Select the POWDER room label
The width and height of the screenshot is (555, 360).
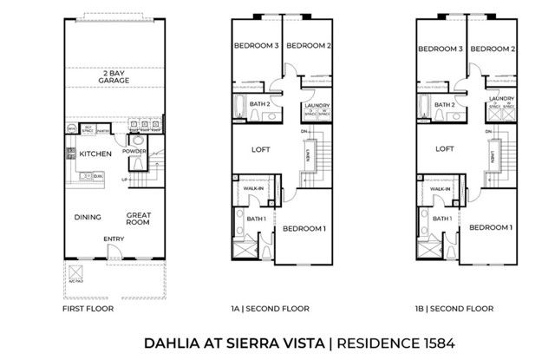134,150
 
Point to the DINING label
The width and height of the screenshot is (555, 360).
88,217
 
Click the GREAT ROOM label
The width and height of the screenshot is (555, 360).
138,219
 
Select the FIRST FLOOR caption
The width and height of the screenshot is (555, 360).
85,309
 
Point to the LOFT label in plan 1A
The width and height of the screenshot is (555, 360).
259,148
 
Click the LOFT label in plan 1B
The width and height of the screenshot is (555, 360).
444,148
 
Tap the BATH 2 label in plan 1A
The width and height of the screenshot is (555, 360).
260,104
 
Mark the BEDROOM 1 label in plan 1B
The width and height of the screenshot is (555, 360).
490,227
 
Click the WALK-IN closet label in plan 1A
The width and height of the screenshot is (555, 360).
255,187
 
